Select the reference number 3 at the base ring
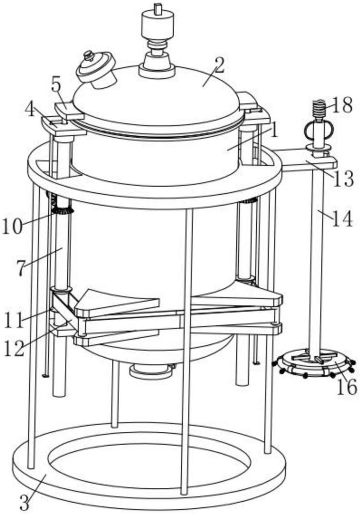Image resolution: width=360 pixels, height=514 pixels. point(24,501)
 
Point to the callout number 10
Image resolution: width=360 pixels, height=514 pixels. point(12,226)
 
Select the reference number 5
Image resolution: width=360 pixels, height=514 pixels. point(56,86)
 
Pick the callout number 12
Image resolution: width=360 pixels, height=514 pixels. point(14,349)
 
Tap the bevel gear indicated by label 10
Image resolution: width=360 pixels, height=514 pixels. point(61,208)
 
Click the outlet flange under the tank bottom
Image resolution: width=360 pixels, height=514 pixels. point(151,372)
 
